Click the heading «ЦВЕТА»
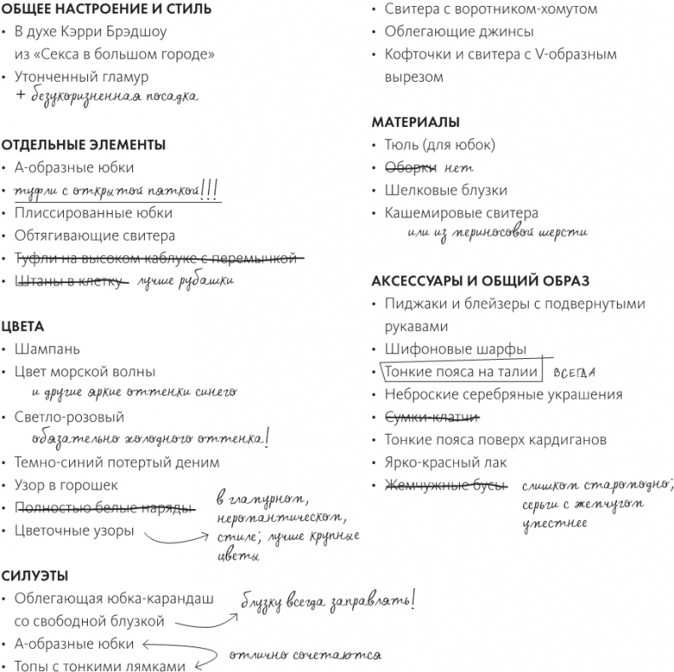pos(22,326)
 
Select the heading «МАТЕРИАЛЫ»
pos(415,122)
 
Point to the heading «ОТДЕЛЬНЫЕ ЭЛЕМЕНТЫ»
pos(83,145)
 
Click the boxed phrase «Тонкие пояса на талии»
pos(461,372)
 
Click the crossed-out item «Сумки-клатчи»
pos(432,417)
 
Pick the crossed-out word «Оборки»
pos(410,167)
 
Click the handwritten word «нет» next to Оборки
pos(458,168)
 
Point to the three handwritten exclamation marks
pos(210,188)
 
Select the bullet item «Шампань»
pos(47,349)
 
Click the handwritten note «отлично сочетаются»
pos(303,655)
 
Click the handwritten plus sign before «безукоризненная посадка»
pos(20,97)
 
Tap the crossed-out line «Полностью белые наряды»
pos(104,507)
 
